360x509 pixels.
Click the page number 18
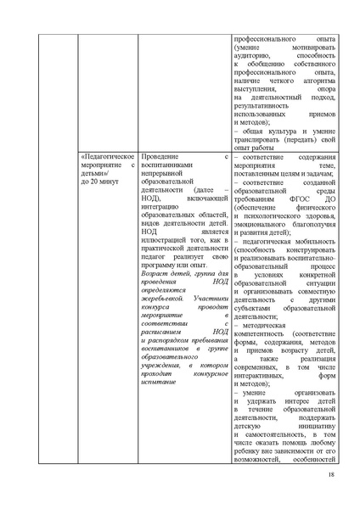click(x=329, y=485)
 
